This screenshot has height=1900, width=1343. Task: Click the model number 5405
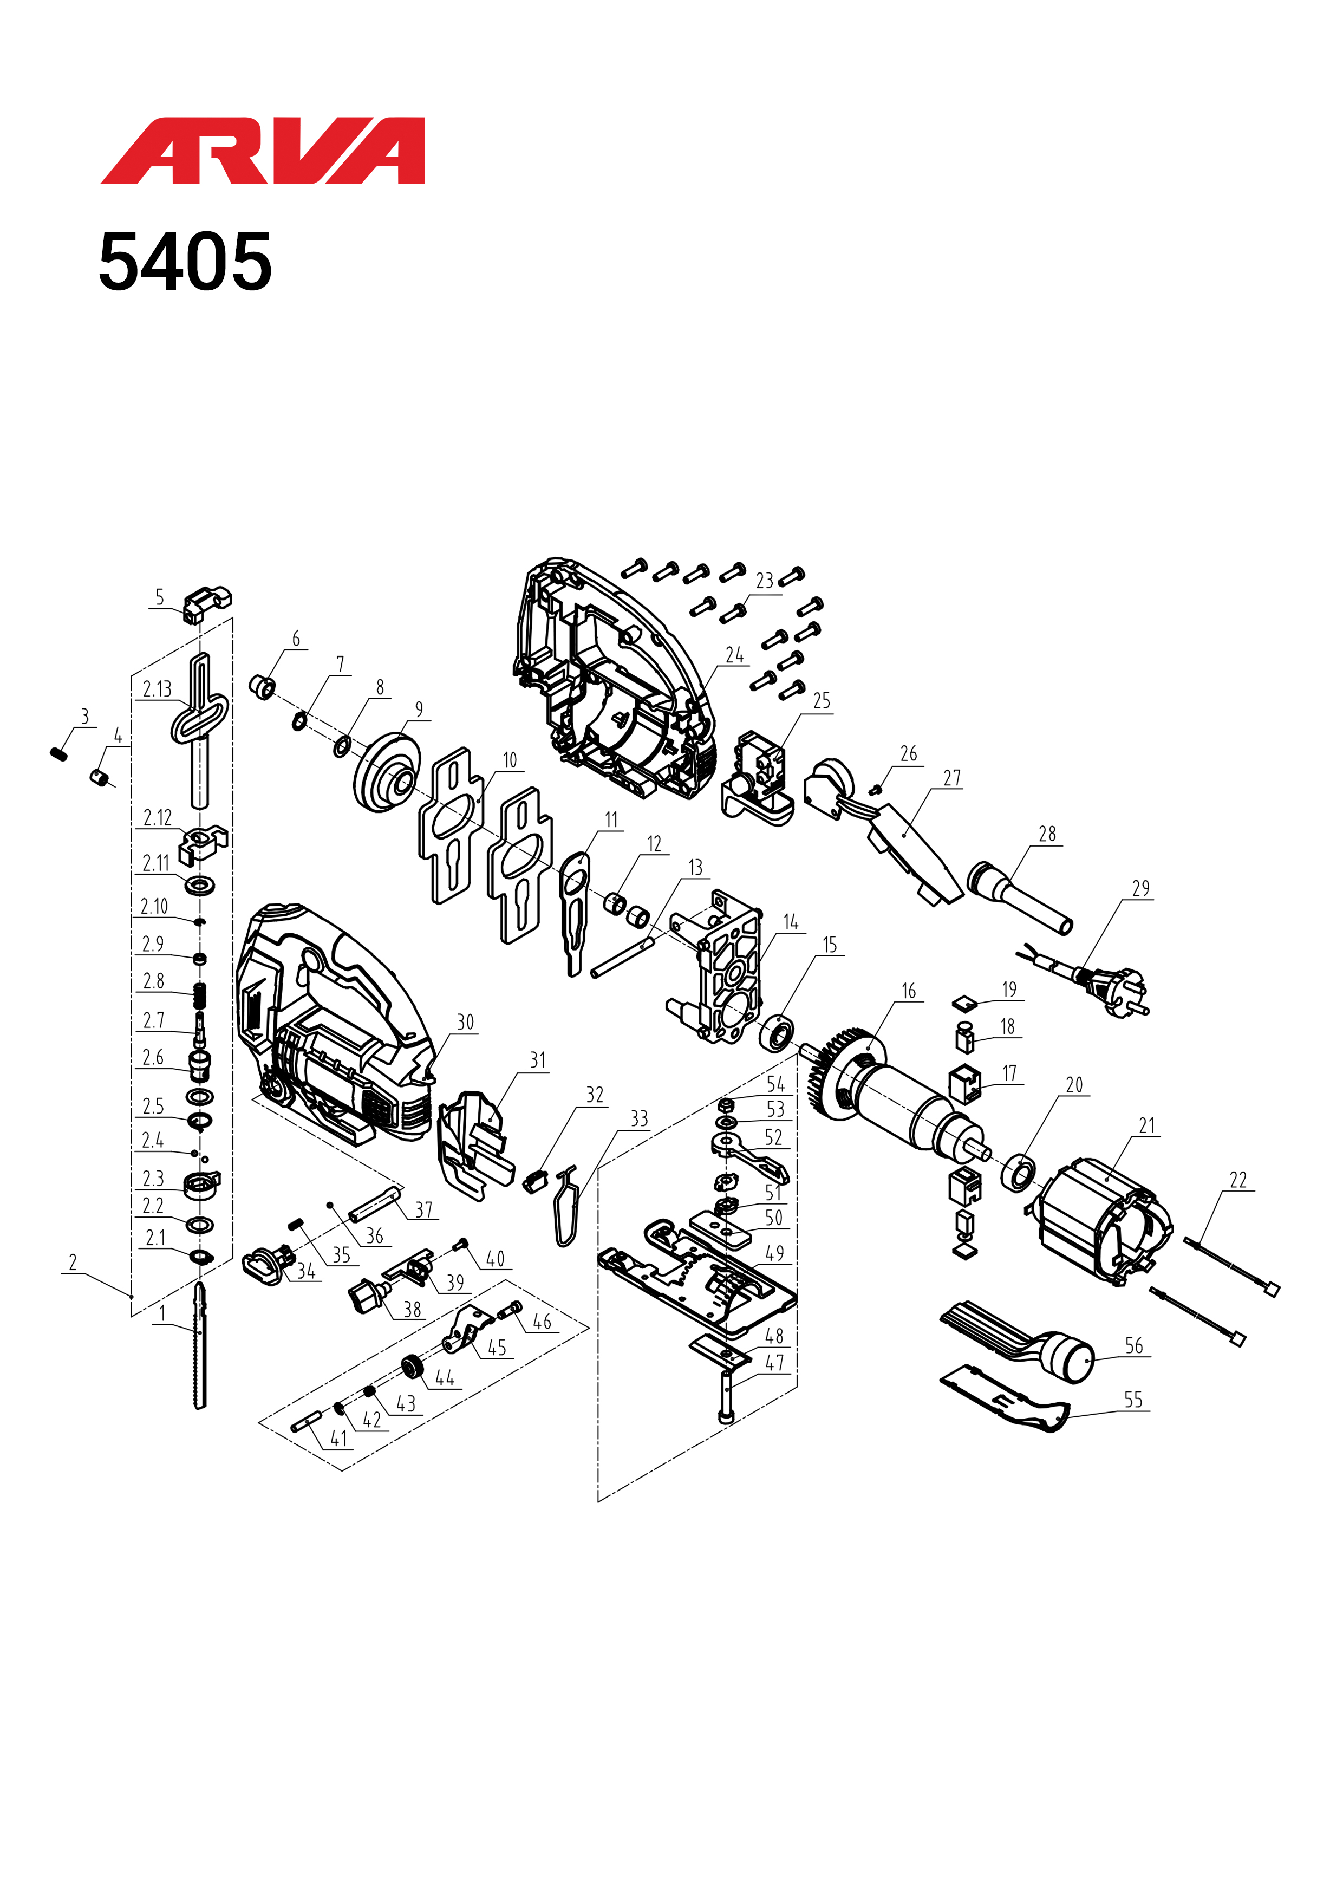[185, 262]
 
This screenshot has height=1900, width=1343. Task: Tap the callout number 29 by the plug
[1141, 888]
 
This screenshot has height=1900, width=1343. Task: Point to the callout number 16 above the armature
[909, 991]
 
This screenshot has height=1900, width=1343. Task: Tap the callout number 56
[1133, 1345]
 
